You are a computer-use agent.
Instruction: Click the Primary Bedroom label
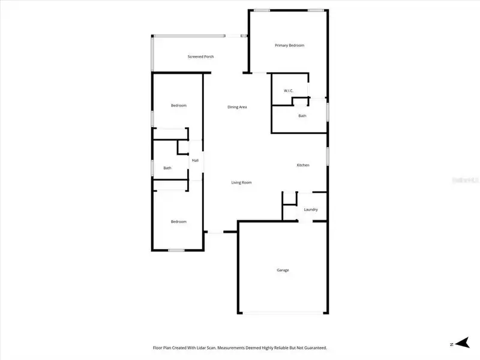[289, 46]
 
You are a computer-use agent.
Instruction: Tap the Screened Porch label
[200, 56]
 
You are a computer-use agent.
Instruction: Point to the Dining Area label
[237, 107]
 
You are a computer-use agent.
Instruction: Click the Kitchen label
[303, 165]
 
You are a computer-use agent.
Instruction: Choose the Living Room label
[241, 182]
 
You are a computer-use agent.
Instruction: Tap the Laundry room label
[310, 209]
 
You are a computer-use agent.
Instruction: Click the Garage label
[283, 270]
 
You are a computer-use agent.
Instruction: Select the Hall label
[195, 161]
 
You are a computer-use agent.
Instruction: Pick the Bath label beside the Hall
[167, 168]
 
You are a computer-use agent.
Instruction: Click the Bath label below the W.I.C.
[302, 116]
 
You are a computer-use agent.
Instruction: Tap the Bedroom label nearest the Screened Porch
[178, 106]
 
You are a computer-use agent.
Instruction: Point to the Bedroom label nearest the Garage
[178, 221]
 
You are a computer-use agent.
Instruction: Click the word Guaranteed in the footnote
[313, 347]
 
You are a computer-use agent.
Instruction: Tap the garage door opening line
[283, 313]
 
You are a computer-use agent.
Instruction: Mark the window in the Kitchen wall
[327, 154]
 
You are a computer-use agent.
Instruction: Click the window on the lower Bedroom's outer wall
[175, 250]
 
